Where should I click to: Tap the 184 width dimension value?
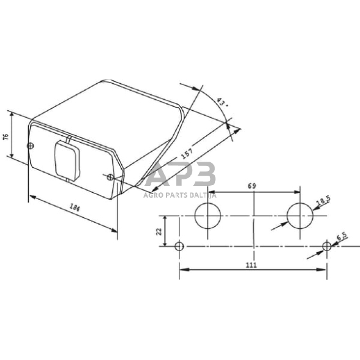point(75,209)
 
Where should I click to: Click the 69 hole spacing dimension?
point(252,185)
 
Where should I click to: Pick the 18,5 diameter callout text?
point(323,202)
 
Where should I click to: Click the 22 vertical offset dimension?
point(159,231)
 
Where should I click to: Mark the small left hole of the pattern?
point(179,247)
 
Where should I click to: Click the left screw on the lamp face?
point(31,145)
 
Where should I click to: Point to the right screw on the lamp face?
point(110,178)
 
